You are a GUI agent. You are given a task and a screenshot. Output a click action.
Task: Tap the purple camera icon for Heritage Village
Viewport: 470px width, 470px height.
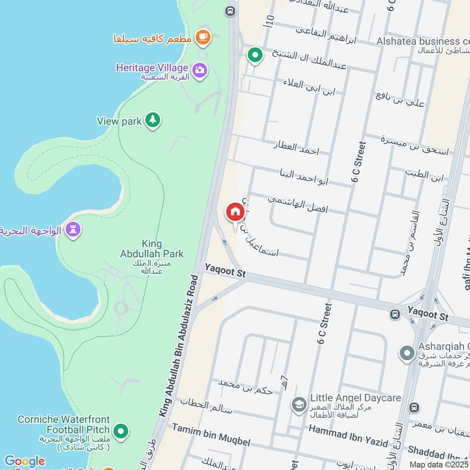click(x=200, y=70)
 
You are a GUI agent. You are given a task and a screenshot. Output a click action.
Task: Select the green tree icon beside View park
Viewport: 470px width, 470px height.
click(x=153, y=120)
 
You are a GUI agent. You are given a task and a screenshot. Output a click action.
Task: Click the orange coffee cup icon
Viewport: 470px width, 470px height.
click(x=203, y=36)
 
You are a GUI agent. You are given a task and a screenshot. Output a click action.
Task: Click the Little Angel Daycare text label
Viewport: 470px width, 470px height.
click(x=355, y=398)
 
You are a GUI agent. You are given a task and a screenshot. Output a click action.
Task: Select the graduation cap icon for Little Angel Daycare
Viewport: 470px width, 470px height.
click(x=298, y=405)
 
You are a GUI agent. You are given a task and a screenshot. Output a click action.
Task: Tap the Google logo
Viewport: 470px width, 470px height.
click(x=24, y=461)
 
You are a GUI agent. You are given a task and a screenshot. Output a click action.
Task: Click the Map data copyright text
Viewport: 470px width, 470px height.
click(x=439, y=465)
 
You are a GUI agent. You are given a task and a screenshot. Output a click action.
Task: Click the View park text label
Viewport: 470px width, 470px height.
click(x=119, y=121)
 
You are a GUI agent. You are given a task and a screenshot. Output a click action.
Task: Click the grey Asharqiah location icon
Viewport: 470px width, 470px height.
click(x=407, y=354)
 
